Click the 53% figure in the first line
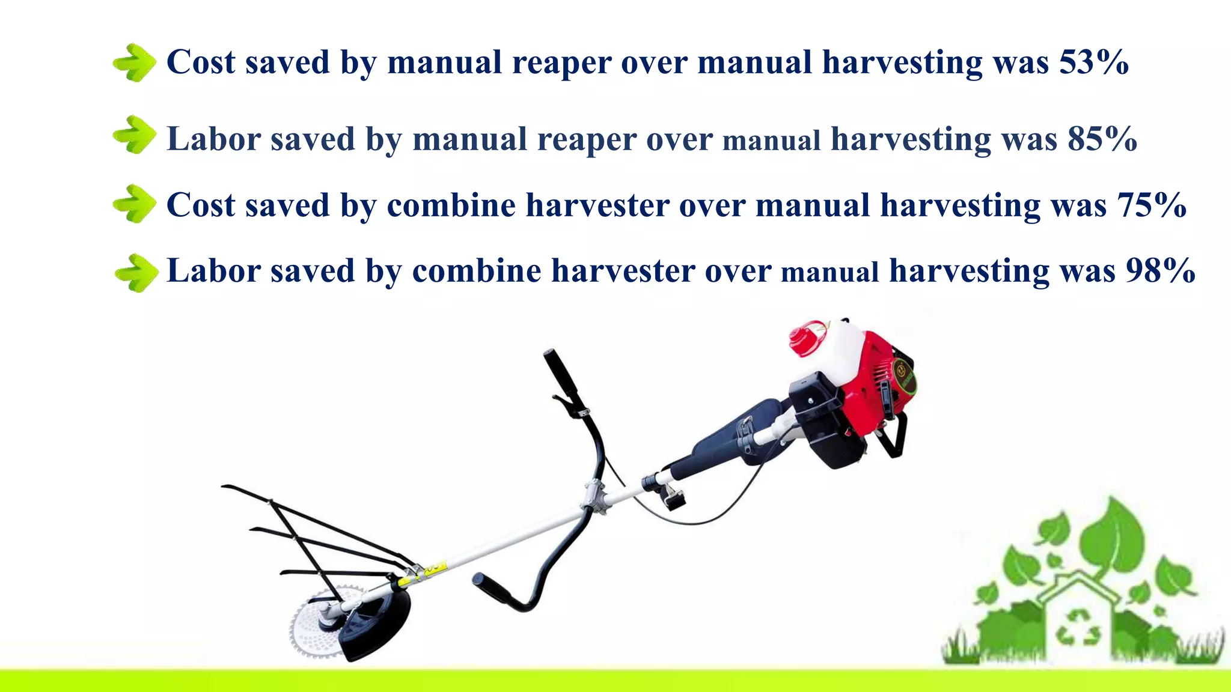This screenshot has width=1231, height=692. [1093, 62]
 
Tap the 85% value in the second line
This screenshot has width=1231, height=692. [1102, 139]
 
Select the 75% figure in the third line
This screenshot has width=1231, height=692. [1151, 205]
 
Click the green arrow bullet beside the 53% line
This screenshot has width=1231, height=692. [135, 62]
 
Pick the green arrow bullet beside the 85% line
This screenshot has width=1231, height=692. [135, 135]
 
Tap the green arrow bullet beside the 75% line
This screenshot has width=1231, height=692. [135, 204]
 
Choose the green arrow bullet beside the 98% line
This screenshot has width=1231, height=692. [136, 273]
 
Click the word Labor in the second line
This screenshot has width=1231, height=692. [213, 139]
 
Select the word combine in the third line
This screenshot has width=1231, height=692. [451, 205]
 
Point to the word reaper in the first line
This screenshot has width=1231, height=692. [561, 63]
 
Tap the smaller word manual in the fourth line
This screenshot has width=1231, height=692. [829, 272]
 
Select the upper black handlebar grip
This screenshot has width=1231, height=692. [560, 372]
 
